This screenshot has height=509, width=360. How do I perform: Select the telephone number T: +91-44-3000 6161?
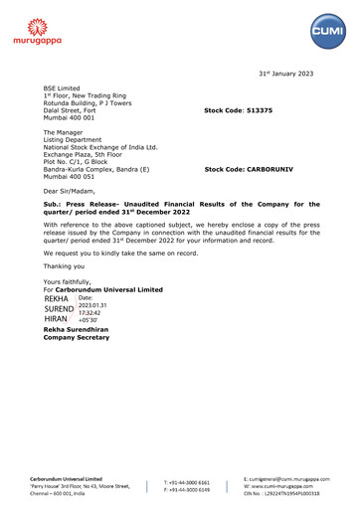pos(187,481)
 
